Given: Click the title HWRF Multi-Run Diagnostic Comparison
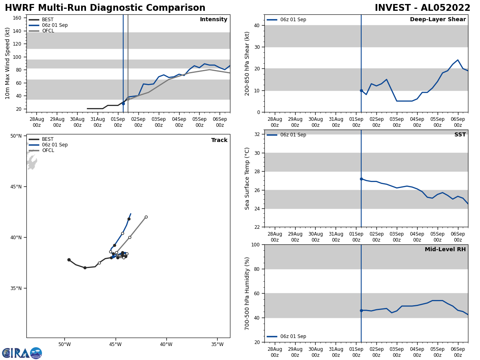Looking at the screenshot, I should [x=105, y=8].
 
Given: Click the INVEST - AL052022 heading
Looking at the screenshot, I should [x=422, y=8].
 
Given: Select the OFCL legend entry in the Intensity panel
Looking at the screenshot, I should [x=48, y=31].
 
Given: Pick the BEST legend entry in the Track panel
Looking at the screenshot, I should [x=48, y=139].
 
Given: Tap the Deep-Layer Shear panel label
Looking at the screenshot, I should [x=438, y=20].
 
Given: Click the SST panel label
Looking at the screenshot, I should [x=460, y=135].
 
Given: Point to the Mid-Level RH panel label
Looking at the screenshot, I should [x=445, y=250].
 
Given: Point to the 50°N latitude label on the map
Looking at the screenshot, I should [x=16, y=136].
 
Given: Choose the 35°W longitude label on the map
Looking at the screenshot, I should [x=217, y=344].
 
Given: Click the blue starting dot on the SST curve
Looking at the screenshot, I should [x=361, y=179].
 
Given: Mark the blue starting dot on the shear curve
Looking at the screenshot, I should [x=361, y=90].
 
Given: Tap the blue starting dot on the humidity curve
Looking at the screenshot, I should [x=361, y=310].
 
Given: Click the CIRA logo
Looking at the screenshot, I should [x=22, y=353].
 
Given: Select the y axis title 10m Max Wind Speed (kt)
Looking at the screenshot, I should [x=8, y=63].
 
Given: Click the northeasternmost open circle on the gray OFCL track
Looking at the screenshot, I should [x=146, y=217].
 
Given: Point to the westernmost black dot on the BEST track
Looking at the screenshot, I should [x=69, y=260].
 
